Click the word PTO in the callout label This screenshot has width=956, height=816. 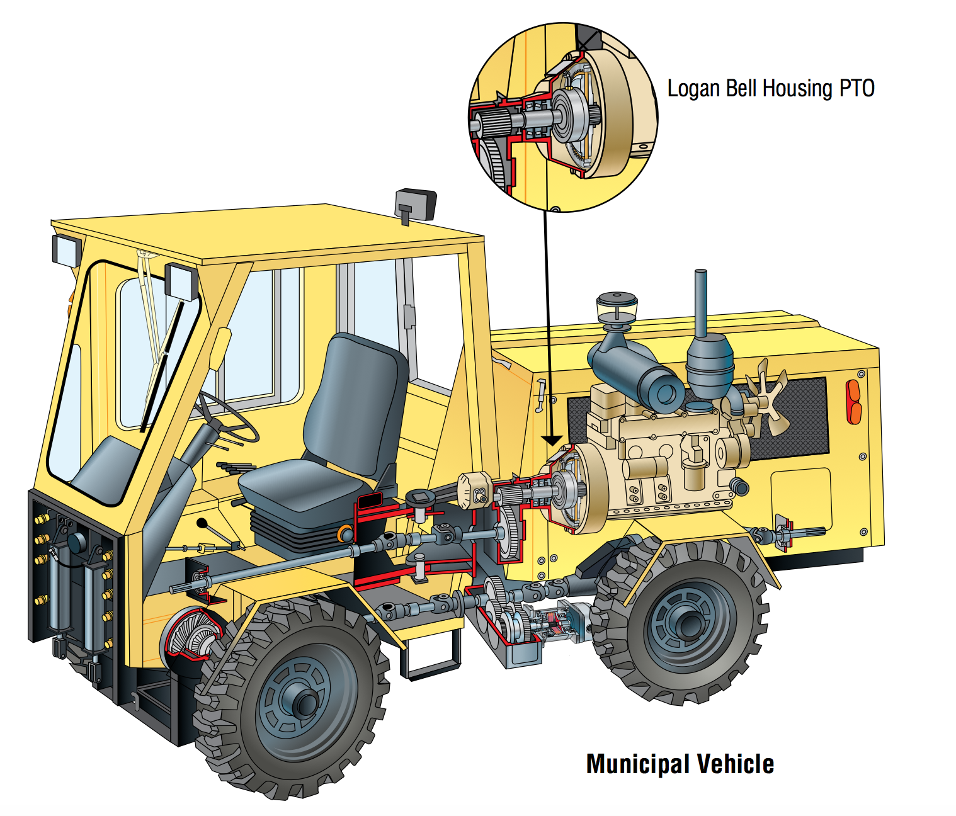click(856, 88)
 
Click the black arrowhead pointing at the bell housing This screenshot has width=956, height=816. click(552, 440)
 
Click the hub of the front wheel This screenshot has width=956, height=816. click(304, 703)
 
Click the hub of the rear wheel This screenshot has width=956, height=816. click(689, 624)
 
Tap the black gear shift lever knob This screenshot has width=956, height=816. click(202, 523)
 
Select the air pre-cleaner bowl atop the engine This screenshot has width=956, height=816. click(617, 307)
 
